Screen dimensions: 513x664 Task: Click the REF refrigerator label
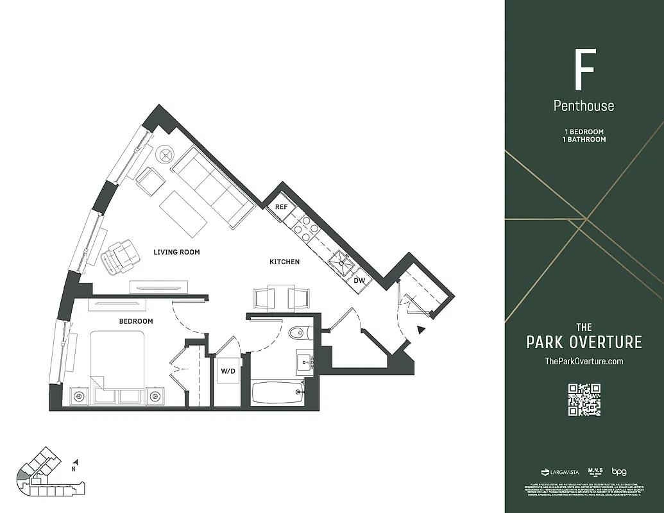tap(281, 207)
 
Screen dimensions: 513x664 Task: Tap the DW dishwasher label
tap(359, 280)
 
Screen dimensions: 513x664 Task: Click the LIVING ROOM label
tap(176, 252)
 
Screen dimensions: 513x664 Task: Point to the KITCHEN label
tap(284, 262)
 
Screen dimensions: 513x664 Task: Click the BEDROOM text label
tap(136, 321)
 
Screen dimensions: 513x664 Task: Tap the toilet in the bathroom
tap(299, 333)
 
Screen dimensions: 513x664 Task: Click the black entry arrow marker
tap(421, 330)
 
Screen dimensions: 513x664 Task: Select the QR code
tap(584, 399)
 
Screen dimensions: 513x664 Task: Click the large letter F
tap(584, 70)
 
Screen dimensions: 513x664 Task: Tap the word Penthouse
tap(584, 106)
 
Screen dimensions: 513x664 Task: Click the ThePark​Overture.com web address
tap(584, 361)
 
